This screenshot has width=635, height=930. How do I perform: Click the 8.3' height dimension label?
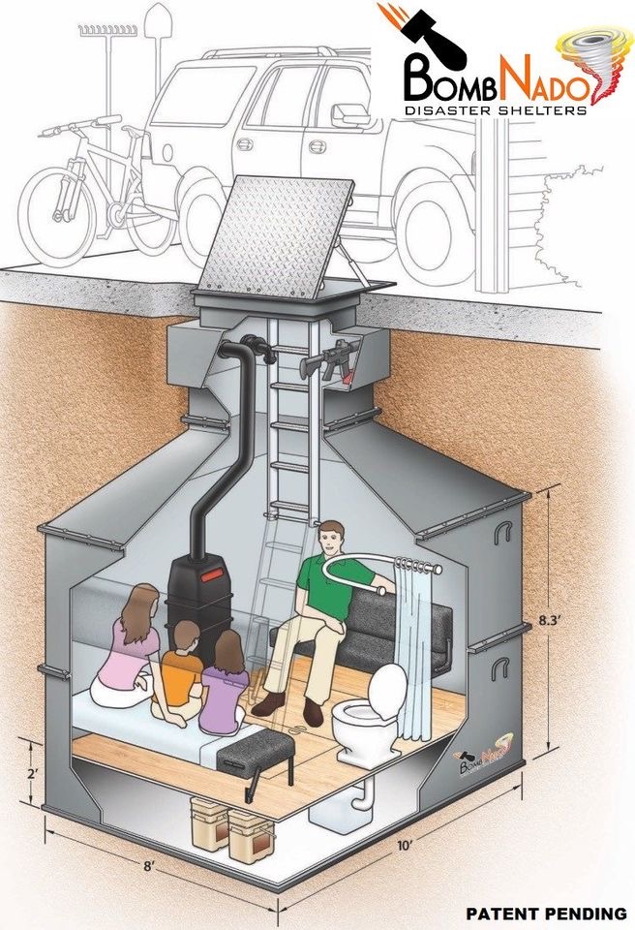550,621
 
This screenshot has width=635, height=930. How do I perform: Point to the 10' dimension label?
405,846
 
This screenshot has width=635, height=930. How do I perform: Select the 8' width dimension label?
148,866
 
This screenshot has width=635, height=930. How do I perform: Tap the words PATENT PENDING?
546,914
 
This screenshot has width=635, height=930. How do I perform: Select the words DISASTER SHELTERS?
495,110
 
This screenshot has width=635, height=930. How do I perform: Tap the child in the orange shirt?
180,672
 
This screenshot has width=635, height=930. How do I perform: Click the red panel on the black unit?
212,573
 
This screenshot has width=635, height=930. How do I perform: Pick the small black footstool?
256,759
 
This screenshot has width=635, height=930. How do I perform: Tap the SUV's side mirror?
351,115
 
